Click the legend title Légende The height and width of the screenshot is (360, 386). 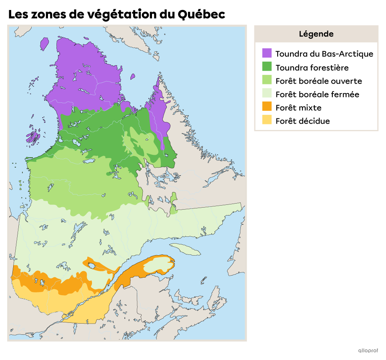(x=316, y=34)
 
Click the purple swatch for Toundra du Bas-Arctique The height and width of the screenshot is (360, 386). (x=267, y=53)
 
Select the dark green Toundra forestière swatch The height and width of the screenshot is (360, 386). (x=267, y=67)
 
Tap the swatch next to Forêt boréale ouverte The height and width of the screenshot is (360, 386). (x=267, y=80)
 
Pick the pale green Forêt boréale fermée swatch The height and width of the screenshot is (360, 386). (x=267, y=94)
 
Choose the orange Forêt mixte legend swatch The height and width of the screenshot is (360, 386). (x=267, y=107)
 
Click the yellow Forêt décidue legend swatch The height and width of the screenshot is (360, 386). (x=267, y=120)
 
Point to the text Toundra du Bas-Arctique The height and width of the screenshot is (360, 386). (x=324, y=54)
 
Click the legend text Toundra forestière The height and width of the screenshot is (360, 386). (x=312, y=68)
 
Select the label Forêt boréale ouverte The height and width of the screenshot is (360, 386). (x=318, y=81)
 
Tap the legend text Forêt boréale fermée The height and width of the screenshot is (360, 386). (x=317, y=94)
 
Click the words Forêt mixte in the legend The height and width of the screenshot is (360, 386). (x=298, y=108)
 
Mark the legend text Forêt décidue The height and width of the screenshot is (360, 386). (x=302, y=121)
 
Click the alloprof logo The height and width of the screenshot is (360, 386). (x=368, y=350)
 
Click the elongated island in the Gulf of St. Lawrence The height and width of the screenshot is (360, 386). (x=185, y=249)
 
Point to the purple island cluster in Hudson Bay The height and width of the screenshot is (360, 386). (x=33, y=136)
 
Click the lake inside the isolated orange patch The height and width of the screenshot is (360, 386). (x=92, y=265)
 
